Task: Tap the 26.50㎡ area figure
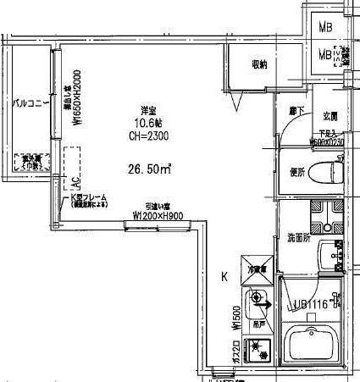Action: [x=148, y=167]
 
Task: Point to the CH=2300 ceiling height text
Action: [x=148, y=135]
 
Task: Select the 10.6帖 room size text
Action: [x=148, y=123]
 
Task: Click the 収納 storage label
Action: [x=260, y=64]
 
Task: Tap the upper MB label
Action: [x=325, y=26]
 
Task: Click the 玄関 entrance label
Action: [x=330, y=115]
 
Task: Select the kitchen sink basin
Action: [x=258, y=299]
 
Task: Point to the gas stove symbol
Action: [x=257, y=346]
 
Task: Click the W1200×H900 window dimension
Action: [x=159, y=216]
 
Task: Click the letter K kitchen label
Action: [x=224, y=276]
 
